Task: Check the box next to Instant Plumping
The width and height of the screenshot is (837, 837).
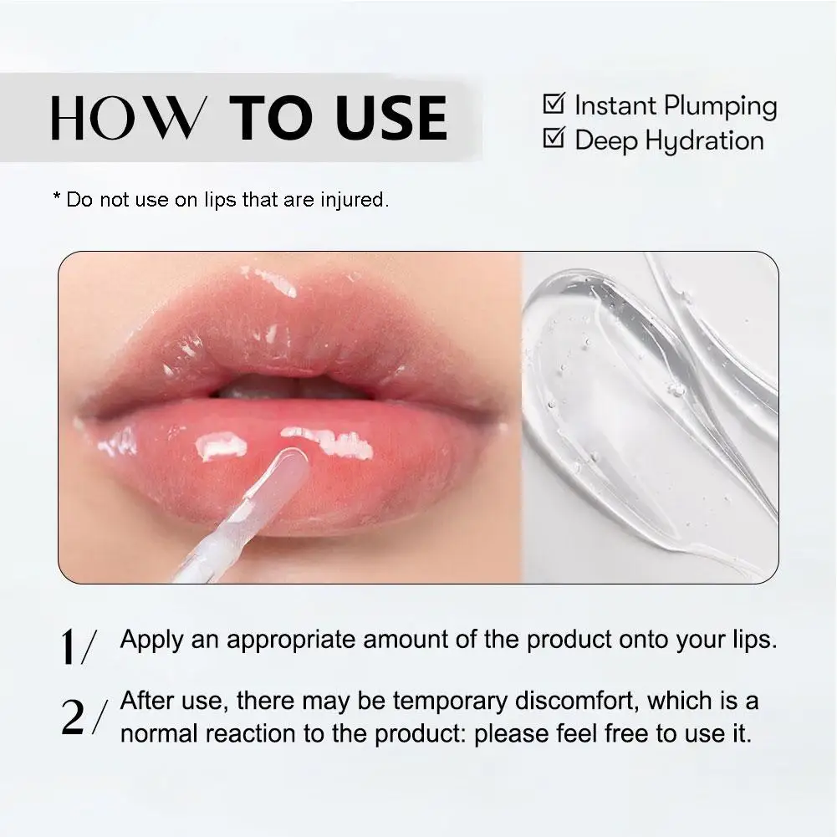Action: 554,105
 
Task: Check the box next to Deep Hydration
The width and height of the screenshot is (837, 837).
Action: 554,138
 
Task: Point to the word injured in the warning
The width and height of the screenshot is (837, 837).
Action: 357,201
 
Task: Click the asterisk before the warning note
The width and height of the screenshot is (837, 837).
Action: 57,199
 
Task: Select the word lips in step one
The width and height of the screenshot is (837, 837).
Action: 751,640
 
